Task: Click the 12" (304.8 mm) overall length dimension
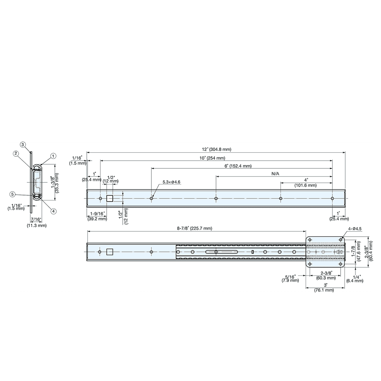point(216,149)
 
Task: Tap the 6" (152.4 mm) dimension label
point(238,166)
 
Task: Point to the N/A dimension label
point(275,174)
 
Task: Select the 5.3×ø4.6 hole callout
point(171,182)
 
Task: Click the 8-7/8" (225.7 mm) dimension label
point(194,228)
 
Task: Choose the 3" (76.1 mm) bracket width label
point(324,287)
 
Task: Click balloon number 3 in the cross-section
point(23,144)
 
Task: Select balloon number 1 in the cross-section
point(53,155)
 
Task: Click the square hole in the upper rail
point(110,199)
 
